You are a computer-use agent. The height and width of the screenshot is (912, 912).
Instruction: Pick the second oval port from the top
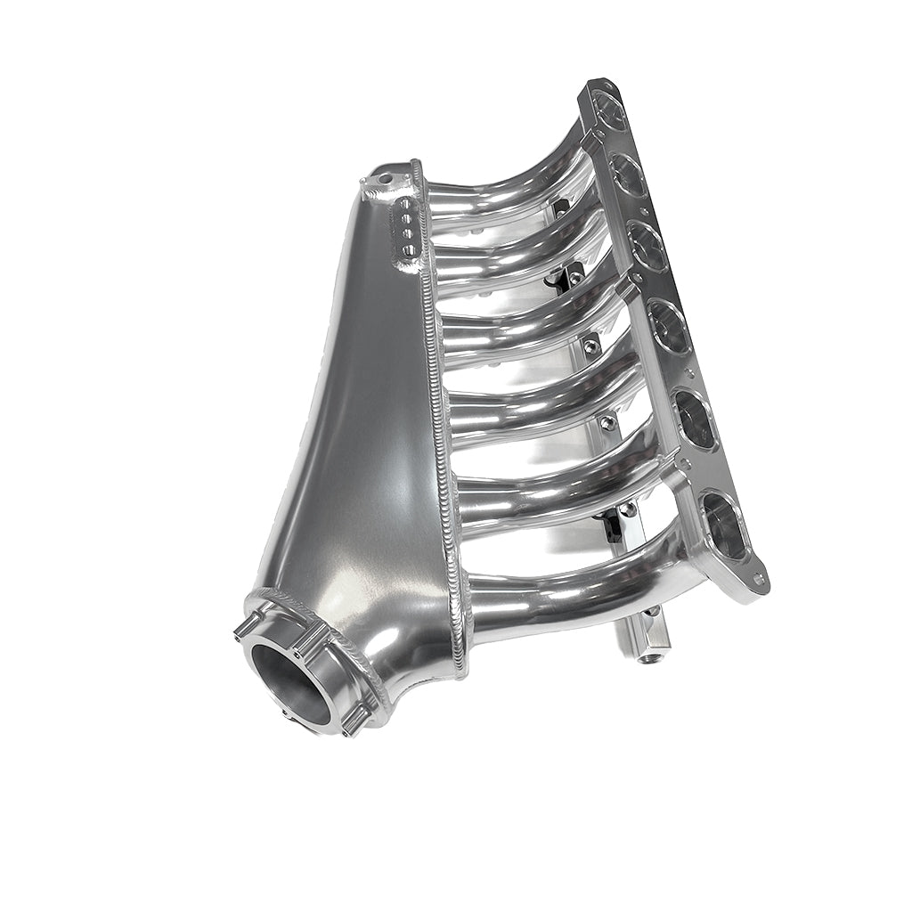627,175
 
